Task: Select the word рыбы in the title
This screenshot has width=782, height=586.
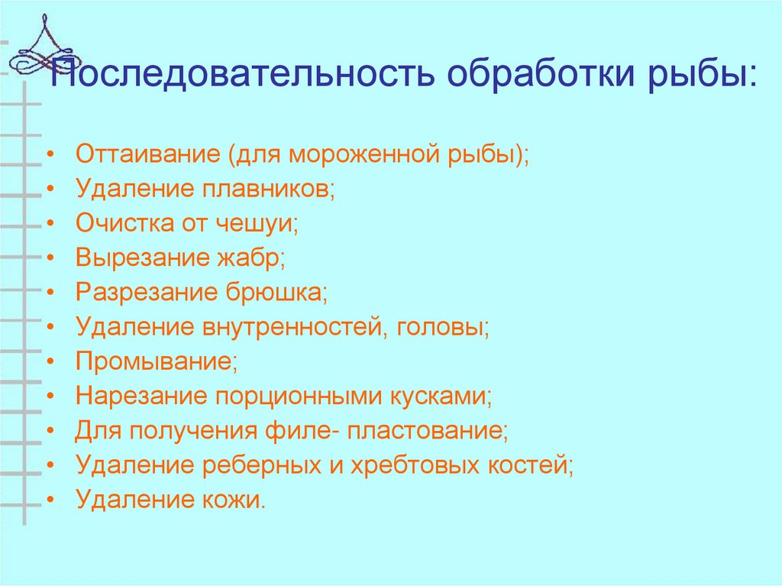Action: [x=703, y=75]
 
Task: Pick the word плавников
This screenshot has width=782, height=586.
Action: [x=270, y=188]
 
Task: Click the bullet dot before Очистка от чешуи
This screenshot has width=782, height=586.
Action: [x=50, y=224]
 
